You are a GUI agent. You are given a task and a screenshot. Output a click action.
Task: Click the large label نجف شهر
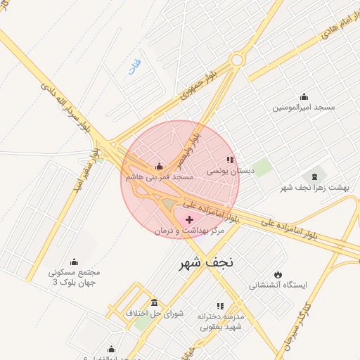pyautogui.click(x=201, y=263)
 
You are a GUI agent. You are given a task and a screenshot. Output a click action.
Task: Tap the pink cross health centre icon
pyautogui.click(x=189, y=220)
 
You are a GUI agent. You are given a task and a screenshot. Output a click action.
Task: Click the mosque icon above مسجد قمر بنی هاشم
pyautogui.click(x=159, y=167)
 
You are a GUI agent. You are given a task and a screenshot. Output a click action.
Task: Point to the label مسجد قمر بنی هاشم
pyautogui.click(x=159, y=178)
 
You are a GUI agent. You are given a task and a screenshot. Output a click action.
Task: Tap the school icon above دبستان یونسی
pyautogui.click(x=230, y=160)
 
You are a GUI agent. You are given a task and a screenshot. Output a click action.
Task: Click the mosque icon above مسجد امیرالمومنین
pyautogui.click(x=304, y=97)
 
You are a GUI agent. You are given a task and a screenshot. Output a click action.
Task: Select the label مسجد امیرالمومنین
pyautogui.click(x=304, y=108)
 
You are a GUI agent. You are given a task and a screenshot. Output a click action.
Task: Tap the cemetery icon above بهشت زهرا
pyautogui.click(x=314, y=176)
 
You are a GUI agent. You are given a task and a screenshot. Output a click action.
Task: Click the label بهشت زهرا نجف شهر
pyautogui.click(x=314, y=187)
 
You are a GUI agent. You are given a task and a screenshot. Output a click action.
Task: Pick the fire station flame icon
pyautogui.click(x=279, y=274)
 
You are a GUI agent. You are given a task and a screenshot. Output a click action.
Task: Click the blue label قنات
pyautogui.click(x=134, y=67)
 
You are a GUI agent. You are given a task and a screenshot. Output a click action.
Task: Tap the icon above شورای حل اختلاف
pyautogui.click(x=154, y=302)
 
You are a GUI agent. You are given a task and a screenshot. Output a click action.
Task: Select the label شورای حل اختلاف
pyautogui.click(x=154, y=313)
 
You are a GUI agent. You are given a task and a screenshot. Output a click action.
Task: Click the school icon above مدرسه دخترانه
pyautogui.click(x=220, y=306)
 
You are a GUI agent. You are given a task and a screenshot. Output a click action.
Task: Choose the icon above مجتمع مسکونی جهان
pyautogui.click(x=75, y=262)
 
